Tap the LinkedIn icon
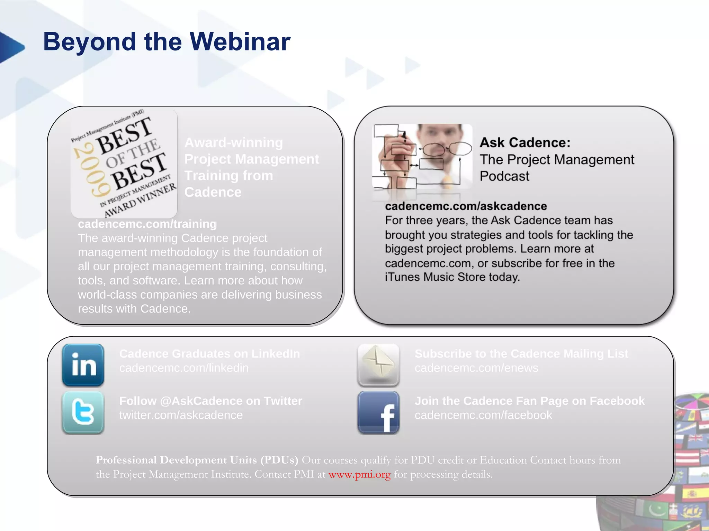[83, 365]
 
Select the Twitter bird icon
[83, 412]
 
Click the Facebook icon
[378, 412]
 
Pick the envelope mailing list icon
[378, 365]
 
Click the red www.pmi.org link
[359, 474]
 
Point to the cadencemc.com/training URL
[147, 224]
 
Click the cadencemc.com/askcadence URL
[466, 206]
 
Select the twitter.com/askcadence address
[181, 415]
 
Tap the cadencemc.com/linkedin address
[184, 368]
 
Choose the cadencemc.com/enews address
[476, 368]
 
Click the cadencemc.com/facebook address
[483, 415]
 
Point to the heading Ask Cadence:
[524, 142]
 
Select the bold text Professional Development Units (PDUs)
[197, 460]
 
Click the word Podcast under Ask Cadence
[504, 176]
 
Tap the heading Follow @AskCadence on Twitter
[210, 401]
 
